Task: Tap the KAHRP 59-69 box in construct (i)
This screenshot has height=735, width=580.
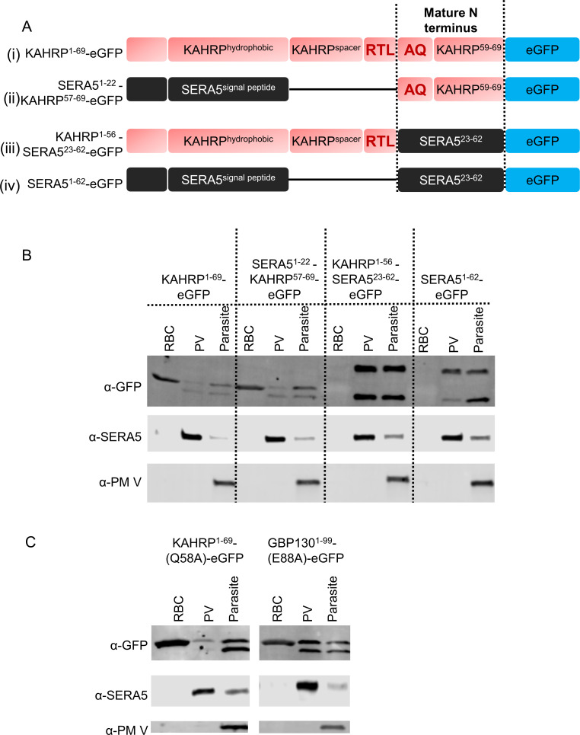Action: click(x=468, y=52)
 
